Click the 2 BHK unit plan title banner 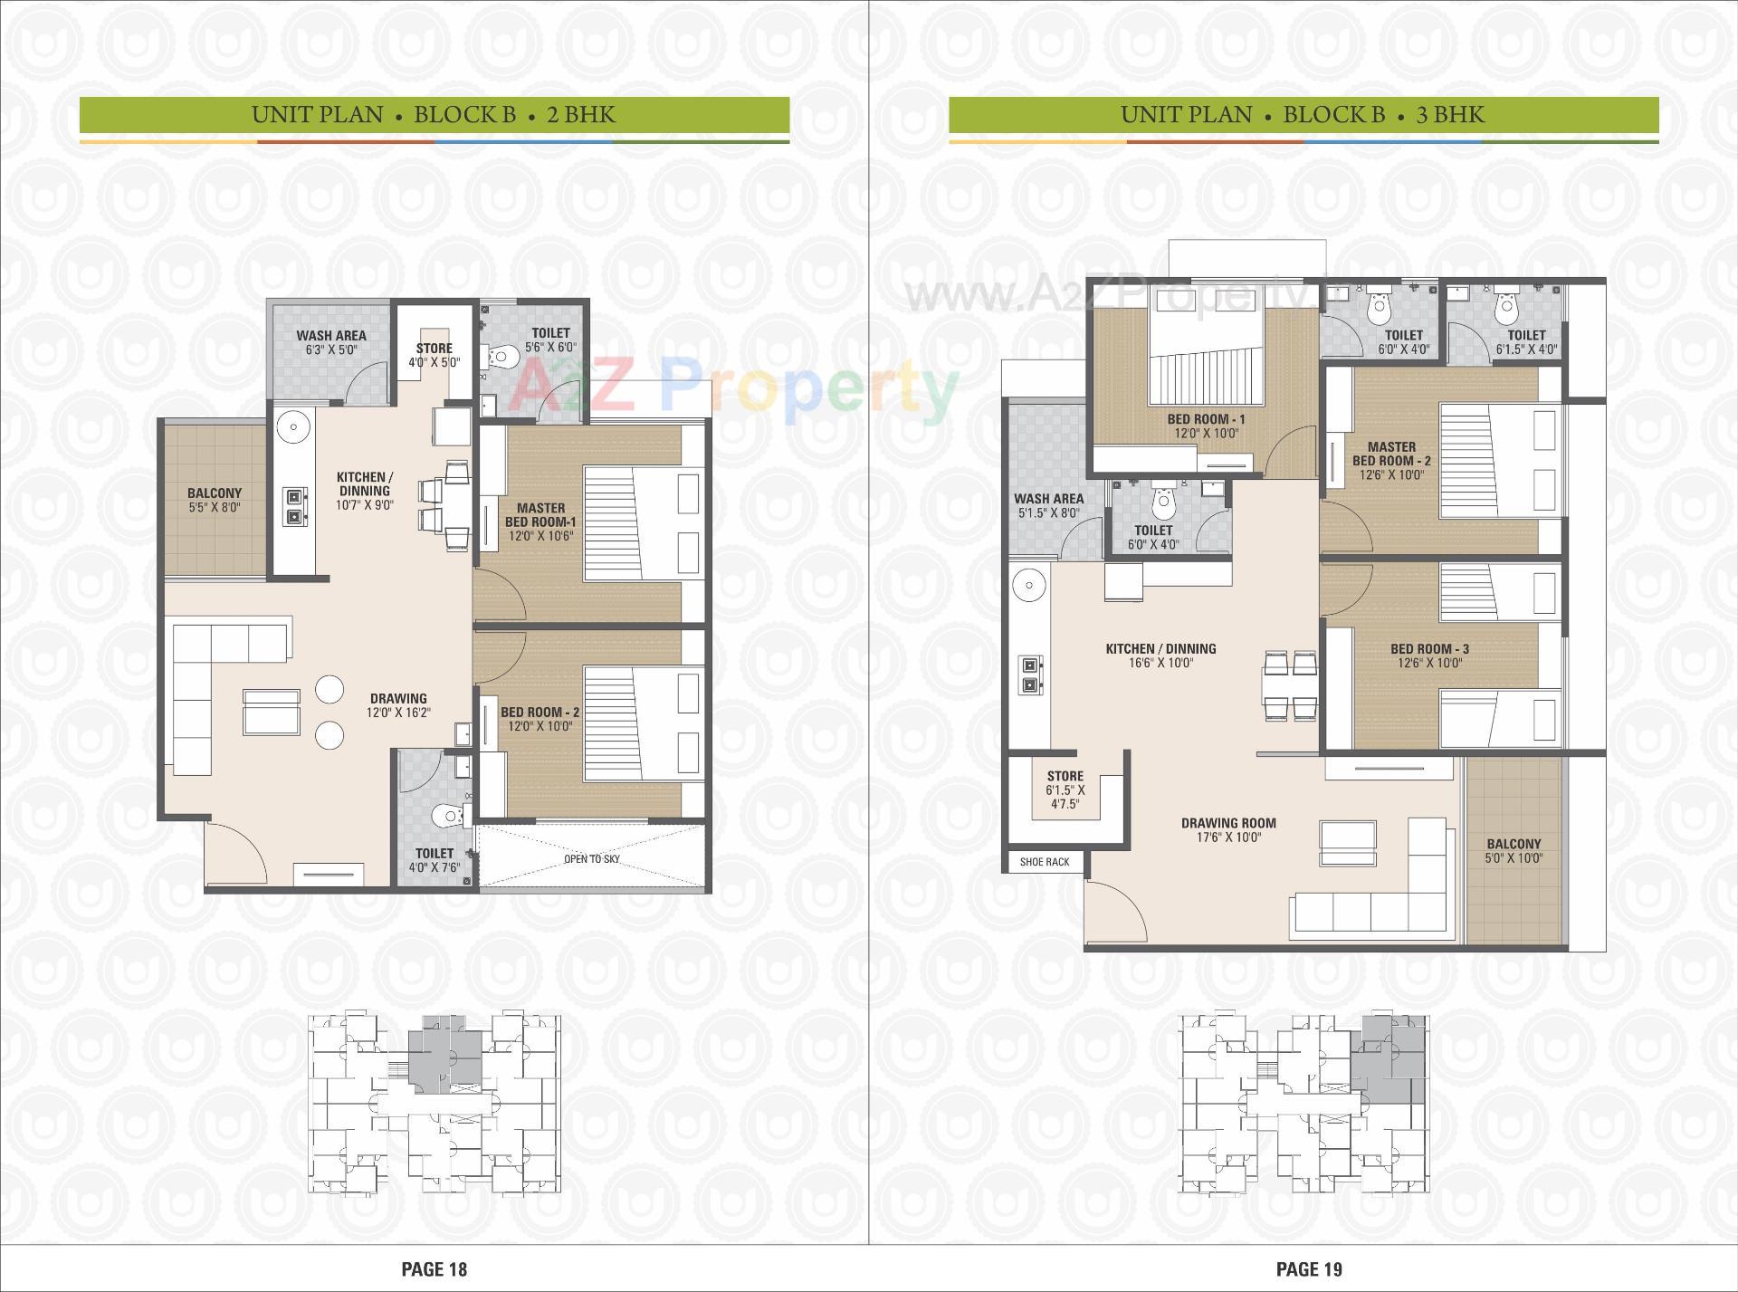(434, 115)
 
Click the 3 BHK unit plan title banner (1303, 115)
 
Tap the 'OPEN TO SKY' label (592, 858)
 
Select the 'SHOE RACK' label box (1045, 861)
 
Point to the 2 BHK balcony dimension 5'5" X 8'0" (215, 507)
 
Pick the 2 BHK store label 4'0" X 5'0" (434, 362)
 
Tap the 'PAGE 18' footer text (434, 1268)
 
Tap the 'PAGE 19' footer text (1309, 1268)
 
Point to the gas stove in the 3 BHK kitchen (1029, 675)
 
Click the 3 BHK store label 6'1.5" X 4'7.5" (1065, 790)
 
